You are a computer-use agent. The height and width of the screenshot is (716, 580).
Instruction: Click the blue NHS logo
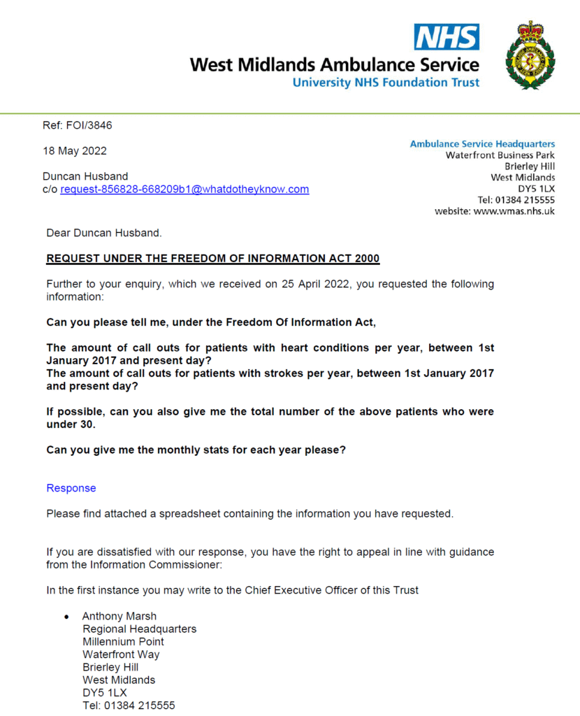point(447,37)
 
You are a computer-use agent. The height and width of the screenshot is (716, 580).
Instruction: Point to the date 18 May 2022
point(75,150)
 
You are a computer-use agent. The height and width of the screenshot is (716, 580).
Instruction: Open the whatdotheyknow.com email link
point(184,189)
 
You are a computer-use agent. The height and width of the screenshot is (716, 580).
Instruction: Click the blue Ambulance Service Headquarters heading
point(482,144)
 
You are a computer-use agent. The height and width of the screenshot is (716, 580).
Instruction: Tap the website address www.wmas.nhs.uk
point(514,210)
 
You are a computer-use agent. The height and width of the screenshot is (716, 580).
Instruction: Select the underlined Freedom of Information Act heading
point(212,259)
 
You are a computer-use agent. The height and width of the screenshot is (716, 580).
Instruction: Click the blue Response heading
point(71,488)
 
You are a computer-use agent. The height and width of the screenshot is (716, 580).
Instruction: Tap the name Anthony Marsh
point(119,616)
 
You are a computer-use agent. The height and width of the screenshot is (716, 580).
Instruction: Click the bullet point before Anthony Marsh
point(66,617)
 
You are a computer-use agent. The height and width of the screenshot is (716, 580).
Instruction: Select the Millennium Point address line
point(123,641)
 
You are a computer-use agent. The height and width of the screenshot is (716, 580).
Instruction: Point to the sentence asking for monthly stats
point(196,450)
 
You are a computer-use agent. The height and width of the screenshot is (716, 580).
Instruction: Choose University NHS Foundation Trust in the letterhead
point(386,83)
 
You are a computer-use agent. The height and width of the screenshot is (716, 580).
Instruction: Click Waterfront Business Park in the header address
point(500,155)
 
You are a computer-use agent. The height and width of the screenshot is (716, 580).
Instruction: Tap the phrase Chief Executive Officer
point(303,589)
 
